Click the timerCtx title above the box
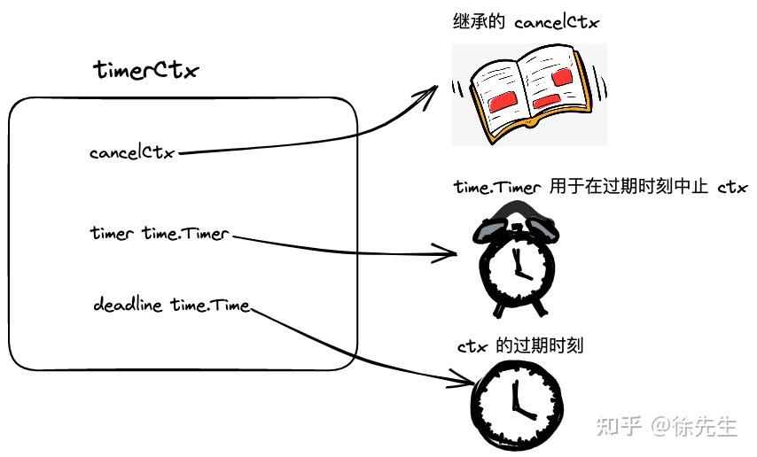(144, 72)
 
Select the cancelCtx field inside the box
(132, 152)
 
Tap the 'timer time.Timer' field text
(160, 234)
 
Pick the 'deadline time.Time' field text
(171, 306)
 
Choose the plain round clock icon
(516, 401)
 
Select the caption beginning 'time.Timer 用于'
(600, 187)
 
